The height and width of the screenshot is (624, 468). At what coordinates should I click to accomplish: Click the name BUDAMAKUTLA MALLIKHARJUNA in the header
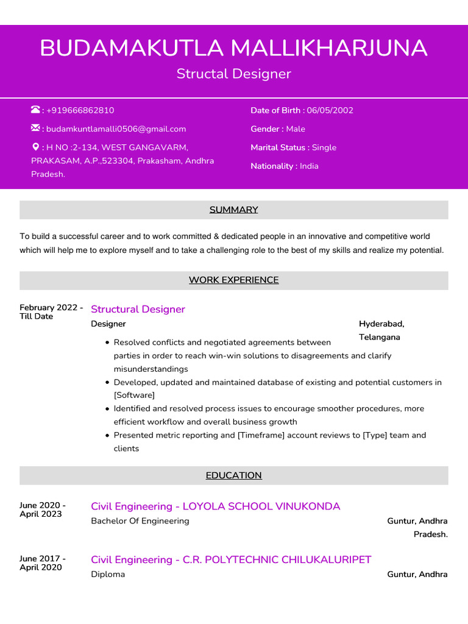point(233,48)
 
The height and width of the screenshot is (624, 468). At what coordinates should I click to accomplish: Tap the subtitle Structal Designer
point(233,74)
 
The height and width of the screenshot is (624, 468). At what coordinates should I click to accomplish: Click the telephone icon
point(35,110)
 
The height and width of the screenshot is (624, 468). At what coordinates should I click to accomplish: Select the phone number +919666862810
point(80,110)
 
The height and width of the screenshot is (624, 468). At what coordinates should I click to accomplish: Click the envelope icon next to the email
point(35,128)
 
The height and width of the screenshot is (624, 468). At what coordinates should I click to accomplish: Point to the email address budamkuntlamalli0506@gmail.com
point(116,129)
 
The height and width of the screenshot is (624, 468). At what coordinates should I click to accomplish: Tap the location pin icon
point(35,147)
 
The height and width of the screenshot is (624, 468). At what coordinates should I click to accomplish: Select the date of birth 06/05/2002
point(330,110)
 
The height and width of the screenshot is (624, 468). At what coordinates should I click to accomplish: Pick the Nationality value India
point(309,166)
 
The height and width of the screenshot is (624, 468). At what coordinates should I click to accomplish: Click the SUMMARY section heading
point(233,210)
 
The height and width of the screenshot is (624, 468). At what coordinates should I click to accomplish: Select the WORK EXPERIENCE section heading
point(233,280)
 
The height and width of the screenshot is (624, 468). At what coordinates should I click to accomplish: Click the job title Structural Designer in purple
point(138,309)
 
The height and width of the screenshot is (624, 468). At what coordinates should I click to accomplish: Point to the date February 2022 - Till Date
point(51,312)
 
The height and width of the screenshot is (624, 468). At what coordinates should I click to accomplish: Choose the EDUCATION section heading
point(233,475)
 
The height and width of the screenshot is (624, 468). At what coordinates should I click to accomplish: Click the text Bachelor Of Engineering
point(140,521)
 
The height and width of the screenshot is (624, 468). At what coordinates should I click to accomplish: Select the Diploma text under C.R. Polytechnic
point(108,574)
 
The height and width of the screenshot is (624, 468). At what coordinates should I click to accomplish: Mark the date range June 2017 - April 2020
point(43,563)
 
